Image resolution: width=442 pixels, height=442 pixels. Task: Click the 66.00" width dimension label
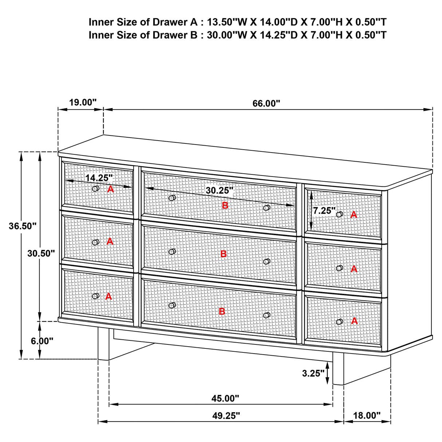pos(266,103)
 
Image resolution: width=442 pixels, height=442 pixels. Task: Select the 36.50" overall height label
pos(23,226)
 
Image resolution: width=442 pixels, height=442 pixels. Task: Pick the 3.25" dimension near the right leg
pos(313,373)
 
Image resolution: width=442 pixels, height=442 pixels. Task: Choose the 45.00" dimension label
pos(225,398)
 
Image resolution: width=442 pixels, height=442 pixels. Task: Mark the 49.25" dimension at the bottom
pos(226,416)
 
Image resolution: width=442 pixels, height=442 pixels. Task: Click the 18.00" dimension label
pos(367,415)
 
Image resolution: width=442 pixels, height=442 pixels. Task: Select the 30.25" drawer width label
pos(219,190)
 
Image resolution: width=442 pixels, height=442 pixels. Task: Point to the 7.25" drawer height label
pos(324,211)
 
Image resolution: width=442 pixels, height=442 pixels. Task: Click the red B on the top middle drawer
pos(225,206)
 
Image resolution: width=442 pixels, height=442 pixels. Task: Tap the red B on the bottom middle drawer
pos(222,312)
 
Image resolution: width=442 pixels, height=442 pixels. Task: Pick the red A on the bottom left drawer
pos(108,297)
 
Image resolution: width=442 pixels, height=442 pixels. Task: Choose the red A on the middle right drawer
pos(354,269)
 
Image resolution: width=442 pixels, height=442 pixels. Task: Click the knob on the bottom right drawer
pos(339,321)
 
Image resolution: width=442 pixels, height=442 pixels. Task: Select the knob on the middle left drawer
pos(96,242)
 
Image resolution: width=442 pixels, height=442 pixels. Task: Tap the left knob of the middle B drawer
pos(172,252)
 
